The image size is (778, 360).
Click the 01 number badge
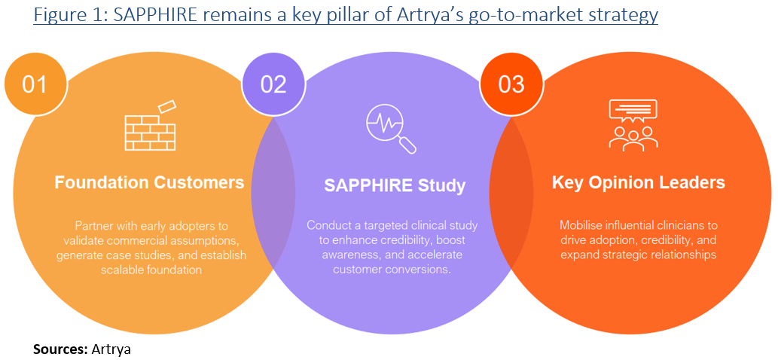click(x=35, y=83)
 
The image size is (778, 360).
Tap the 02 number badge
click(x=273, y=83)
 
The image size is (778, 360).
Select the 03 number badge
click(x=511, y=83)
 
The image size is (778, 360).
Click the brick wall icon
click(x=150, y=125)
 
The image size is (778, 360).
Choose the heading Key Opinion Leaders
click(x=638, y=182)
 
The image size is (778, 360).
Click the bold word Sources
click(x=59, y=349)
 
